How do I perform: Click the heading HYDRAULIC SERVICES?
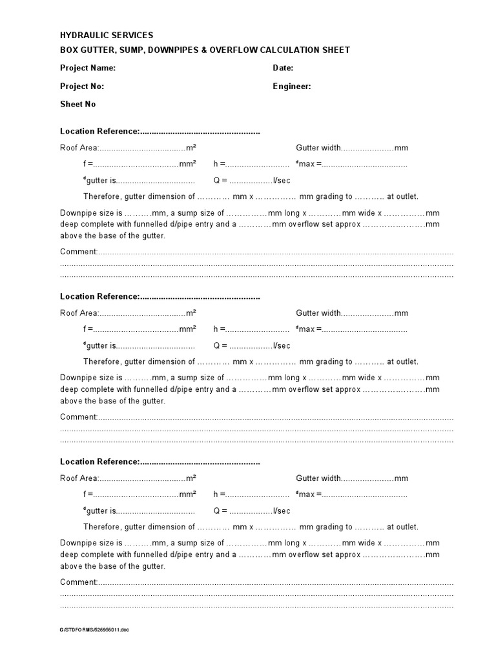107,35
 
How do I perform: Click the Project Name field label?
88,68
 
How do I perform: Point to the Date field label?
283,68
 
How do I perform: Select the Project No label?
82,86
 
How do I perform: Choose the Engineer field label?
291,86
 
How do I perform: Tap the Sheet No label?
78,104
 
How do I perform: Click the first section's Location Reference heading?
99,132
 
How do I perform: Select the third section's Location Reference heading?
99,462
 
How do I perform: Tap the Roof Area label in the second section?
79,313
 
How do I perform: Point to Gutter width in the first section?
318,148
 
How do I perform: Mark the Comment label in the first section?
78,251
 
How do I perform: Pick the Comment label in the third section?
78,582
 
